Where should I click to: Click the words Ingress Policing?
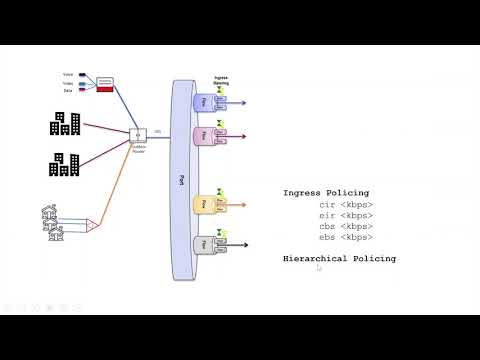pos(326,192)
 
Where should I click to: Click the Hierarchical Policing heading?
pos(339,258)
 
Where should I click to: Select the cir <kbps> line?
pos(341,204)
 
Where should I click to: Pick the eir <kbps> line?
pos(341,215)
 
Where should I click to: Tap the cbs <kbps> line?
pos(341,226)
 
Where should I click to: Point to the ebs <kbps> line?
pos(341,237)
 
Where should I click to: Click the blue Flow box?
pos(203,102)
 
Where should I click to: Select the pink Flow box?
pos(203,135)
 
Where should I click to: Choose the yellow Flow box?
pos(203,203)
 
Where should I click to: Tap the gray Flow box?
pos(203,244)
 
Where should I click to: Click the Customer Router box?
pos(139,135)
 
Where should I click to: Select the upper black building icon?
pos(66,123)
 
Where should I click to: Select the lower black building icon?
pos(66,164)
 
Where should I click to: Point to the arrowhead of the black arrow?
pos(245,245)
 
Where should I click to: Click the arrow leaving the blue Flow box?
pos(236,102)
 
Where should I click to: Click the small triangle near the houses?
pos(92,226)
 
